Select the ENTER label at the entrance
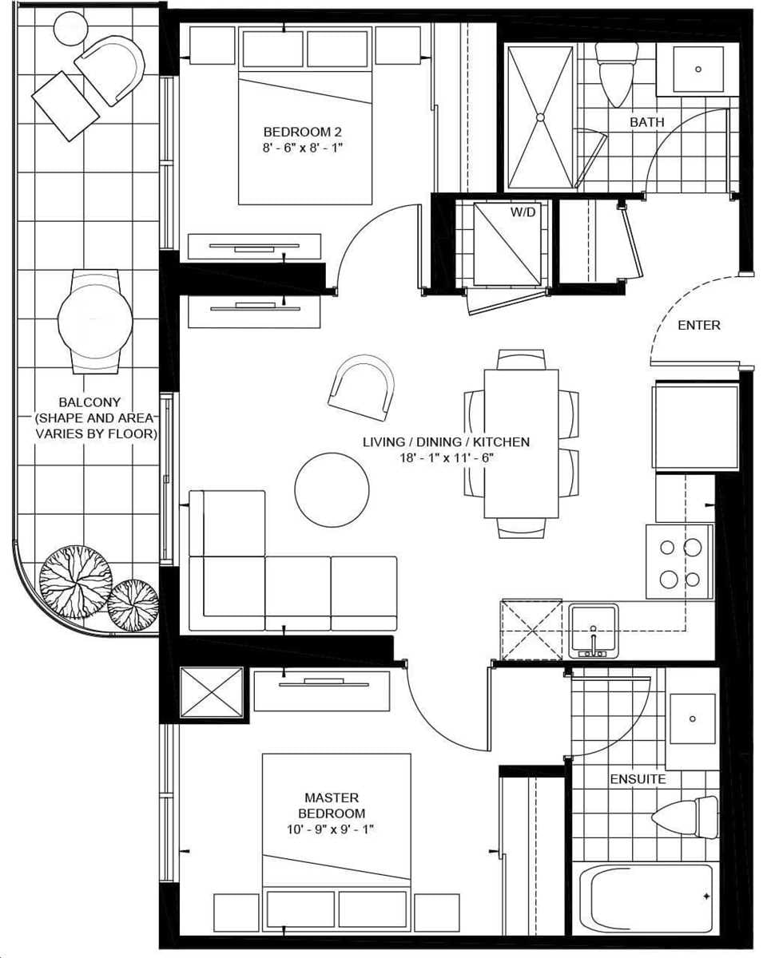pyautogui.click(x=699, y=325)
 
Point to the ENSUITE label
pyautogui.click(x=638, y=778)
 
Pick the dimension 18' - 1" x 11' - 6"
pyautogui.click(x=446, y=457)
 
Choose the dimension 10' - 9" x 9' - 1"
pyautogui.click(x=332, y=829)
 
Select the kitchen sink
pyautogui.click(x=593, y=626)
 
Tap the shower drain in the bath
pyautogui.click(x=540, y=117)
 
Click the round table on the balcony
pyautogui.click(x=95, y=320)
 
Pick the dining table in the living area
pyautogui.click(x=521, y=443)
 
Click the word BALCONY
pyautogui.click(x=89, y=403)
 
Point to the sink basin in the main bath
pyautogui.click(x=697, y=69)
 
